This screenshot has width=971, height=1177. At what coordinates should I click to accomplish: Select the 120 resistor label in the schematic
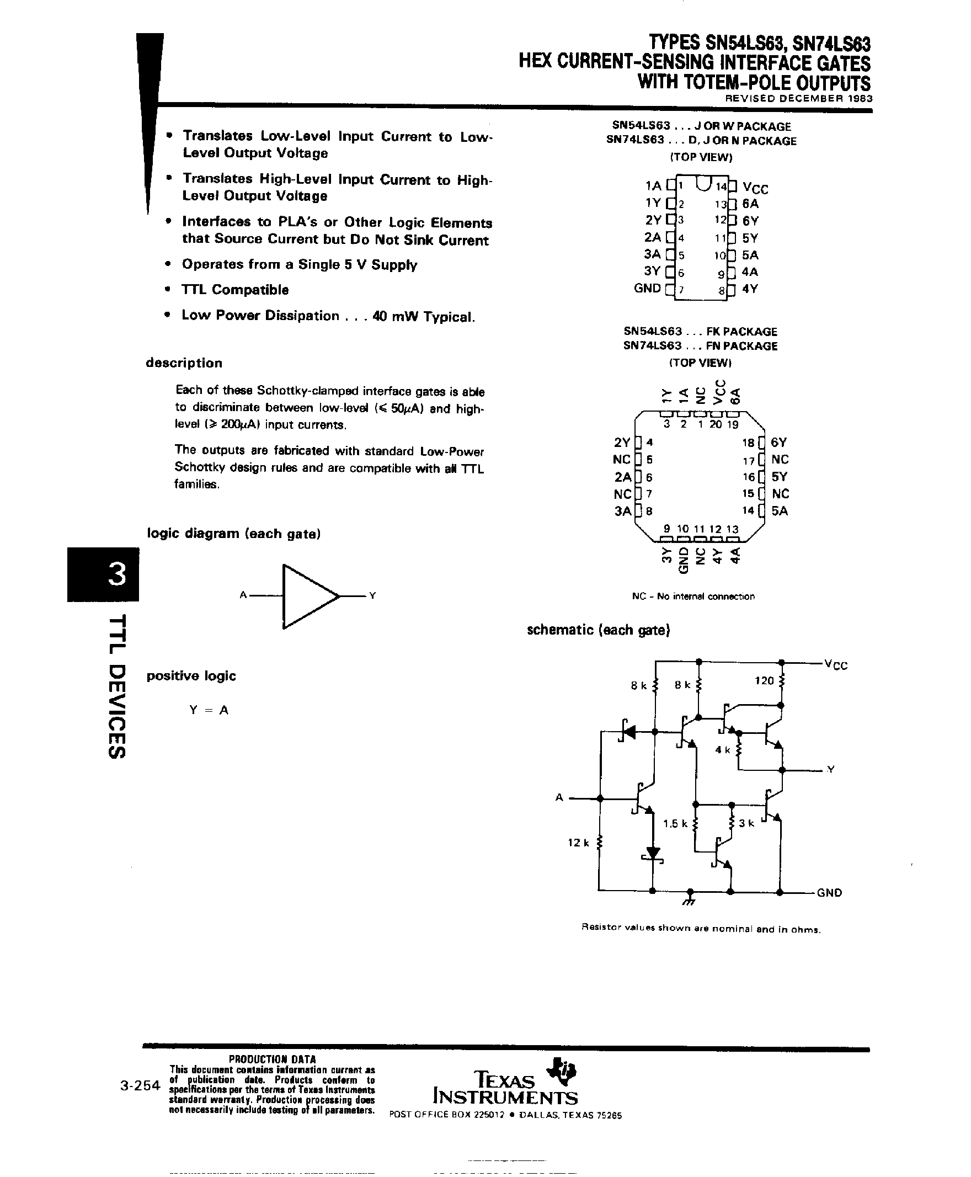pos(764,681)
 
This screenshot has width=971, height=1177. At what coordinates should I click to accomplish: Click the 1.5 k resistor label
pos(675,823)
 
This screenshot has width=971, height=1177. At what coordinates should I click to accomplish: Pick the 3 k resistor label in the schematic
pos(746,823)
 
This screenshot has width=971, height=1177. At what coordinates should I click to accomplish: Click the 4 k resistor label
pos(723,749)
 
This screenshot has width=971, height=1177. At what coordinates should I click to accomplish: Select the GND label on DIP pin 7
pos(647,289)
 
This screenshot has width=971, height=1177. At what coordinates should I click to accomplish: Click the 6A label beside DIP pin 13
pos(751,204)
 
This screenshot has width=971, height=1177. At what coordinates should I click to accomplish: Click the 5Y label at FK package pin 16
pos(779,477)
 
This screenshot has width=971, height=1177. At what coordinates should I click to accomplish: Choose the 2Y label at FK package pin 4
pos(622,443)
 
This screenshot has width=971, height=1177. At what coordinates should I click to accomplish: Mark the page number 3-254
pos(140,1086)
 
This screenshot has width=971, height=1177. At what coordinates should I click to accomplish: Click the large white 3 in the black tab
pos(116,574)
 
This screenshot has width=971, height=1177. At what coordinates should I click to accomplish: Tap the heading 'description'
pos(184,363)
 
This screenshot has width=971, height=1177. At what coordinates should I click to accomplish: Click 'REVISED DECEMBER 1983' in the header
pos(798,98)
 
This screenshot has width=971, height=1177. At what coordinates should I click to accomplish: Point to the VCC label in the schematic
pos(836,664)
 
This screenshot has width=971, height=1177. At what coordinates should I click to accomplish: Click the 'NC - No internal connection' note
pos(693,597)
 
